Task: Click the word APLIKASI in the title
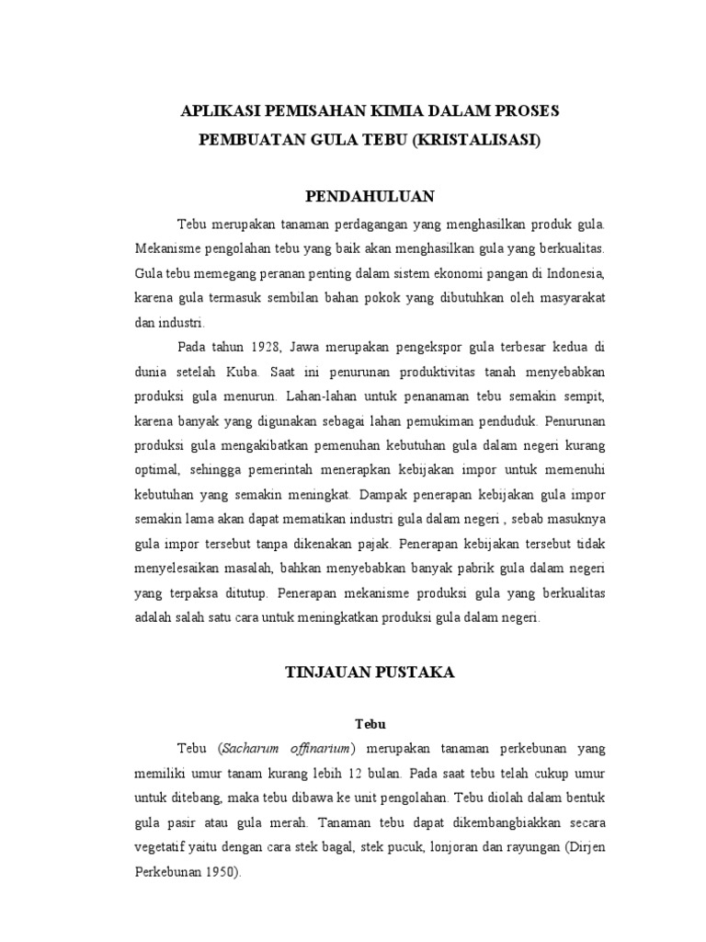[220, 111]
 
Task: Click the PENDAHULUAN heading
[370, 197]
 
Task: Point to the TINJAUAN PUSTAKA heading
[369, 672]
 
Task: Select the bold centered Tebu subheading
[369, 725]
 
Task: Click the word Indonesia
[572, 274]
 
